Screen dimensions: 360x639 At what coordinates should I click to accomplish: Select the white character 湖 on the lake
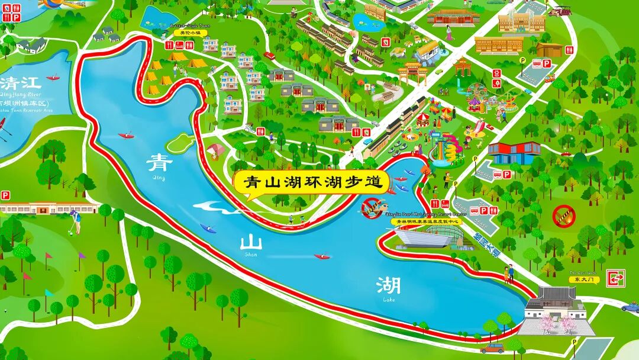click(388, 286)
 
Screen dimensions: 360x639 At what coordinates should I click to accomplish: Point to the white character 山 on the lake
click(251, 243)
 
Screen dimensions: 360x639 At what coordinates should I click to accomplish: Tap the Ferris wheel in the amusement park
click(479, 95)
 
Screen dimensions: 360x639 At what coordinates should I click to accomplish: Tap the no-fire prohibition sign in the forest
click(563, 216)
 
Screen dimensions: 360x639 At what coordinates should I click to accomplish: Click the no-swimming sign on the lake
click(371, 208)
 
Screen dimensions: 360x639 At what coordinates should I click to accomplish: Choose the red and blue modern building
click(514, 152)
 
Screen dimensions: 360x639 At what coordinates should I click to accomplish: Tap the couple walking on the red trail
click(508, 274)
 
